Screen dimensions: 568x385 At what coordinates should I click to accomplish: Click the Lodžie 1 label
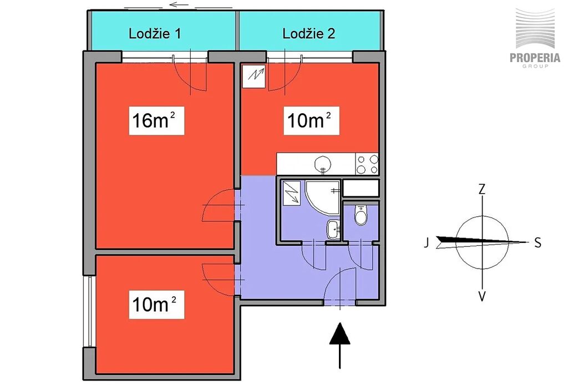[x=155, y=34]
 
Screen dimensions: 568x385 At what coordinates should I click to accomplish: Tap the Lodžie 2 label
[x=308, y=34]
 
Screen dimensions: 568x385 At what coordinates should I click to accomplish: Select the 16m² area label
[x=156, y=120]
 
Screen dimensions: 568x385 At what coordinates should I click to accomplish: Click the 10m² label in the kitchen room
[x=311, y=120]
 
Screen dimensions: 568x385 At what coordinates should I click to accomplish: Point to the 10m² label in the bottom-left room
[x=156, y=305]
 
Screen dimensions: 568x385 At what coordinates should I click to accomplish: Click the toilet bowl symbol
[x=361, y=215]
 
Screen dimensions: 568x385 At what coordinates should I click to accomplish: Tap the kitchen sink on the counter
[x=322, y=164]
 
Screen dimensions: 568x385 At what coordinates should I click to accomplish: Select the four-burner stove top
[x=367, y=164]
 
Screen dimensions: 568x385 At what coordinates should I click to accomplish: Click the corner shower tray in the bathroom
[x=322, y=197]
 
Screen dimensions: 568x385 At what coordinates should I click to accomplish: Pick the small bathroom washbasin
[x=333, y=230]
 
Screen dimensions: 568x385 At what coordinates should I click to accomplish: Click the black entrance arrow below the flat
[x=340, y=346]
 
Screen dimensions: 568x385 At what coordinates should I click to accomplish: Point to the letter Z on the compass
[x=482, y=189]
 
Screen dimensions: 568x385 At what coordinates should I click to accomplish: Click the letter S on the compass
[x=537, y=242]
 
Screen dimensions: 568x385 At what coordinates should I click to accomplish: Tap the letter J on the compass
[x=427, y=242]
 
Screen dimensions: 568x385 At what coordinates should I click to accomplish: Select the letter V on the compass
[x=482, y=296]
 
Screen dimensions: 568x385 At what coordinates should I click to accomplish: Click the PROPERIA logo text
[x=535, y=58]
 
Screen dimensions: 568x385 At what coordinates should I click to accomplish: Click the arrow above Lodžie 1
[x=179, y=5]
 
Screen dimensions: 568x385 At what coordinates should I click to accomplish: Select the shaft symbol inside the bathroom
[x=291, y=192]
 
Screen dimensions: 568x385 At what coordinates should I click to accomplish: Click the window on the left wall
[x=89, y=311]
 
